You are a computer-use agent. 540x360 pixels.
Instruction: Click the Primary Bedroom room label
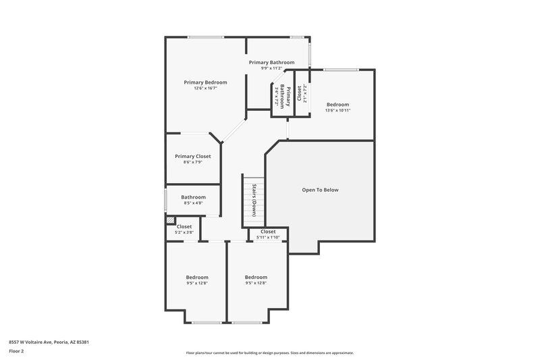[x=205, y=82]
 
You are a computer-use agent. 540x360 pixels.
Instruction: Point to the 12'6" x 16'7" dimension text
[x=205, y=88]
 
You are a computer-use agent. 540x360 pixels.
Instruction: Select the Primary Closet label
[x=193, y=156]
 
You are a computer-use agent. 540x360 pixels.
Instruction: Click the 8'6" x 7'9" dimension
[x=193, y=162]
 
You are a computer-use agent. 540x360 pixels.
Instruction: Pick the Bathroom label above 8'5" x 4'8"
[x=193, y=197]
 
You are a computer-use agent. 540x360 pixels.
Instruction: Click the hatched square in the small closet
[x=171, y=220]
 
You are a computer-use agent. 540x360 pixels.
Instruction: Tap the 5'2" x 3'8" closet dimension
[x=184, y=232]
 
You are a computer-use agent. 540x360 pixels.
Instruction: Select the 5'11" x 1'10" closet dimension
[x=268, y=237]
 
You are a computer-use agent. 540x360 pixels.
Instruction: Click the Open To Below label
[x=320, y=190]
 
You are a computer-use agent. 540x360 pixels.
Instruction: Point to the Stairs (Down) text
[x=254, y=200]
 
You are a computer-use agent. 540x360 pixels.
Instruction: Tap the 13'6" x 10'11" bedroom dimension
[x=337, y=110]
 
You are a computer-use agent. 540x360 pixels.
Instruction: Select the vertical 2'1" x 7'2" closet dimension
[x=305, y=97]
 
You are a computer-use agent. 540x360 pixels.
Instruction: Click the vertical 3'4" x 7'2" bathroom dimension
[x=277, y=98]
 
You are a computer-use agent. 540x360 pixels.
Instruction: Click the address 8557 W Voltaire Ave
[x=49, y=342]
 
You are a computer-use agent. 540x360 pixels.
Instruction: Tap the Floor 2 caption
[x=16, y=351]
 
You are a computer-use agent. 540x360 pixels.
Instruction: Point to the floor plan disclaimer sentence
[x=269, y=353]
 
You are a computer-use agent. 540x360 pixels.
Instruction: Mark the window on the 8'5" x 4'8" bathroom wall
[x=166, y=201]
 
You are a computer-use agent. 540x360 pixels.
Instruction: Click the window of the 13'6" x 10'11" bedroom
[x=339, y=70]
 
